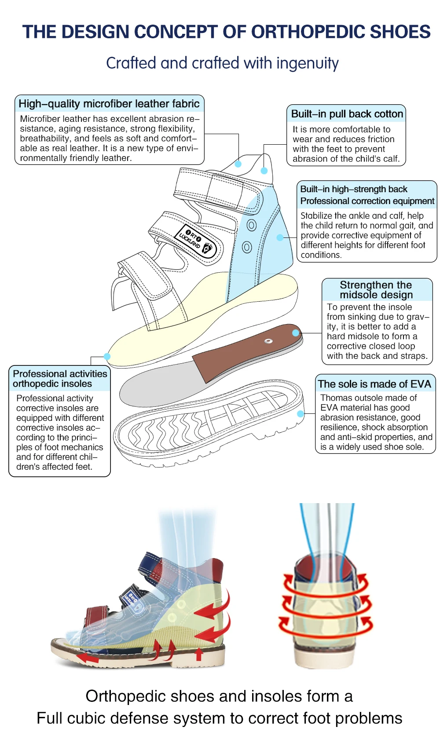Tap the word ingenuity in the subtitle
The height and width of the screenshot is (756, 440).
point(307,64)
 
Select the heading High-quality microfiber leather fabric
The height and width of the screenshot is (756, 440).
point(109,104)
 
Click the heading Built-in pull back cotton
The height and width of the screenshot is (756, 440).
point(347,114)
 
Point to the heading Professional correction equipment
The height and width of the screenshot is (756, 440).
point(367,201)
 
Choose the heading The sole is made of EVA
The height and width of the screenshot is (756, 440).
point(374,384)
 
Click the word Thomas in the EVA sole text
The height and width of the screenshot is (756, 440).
point(336,398)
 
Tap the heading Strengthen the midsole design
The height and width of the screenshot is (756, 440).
point(376,290)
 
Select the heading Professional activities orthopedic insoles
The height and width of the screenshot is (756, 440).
point(59,379)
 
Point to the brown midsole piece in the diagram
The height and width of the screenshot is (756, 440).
point(246,352)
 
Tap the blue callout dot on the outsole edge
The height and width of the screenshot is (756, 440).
point(301,414)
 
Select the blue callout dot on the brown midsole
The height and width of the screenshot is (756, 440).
point(296,333)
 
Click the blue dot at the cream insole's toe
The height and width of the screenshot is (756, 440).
point(107,356)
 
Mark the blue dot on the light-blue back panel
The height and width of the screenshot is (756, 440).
point(279,237)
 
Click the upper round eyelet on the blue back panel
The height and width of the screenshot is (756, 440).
point(251,226)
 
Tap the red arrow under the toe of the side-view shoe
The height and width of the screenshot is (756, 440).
point(87,658)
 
